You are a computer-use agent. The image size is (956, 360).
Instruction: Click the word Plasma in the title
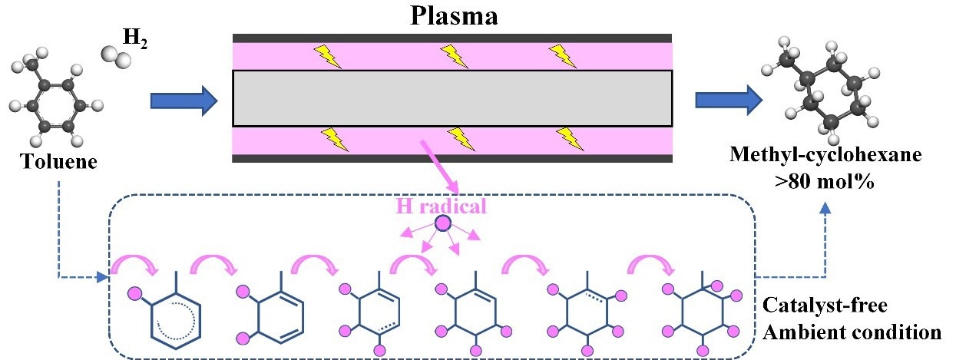(x=452, y=16)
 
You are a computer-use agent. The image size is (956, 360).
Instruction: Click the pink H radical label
(x=442, y=206)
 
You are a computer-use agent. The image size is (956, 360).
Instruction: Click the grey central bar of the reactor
(x=452, y=97)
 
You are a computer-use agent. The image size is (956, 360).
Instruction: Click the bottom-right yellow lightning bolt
(x=569, y=138)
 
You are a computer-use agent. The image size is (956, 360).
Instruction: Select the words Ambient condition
(x=851, y=333)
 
